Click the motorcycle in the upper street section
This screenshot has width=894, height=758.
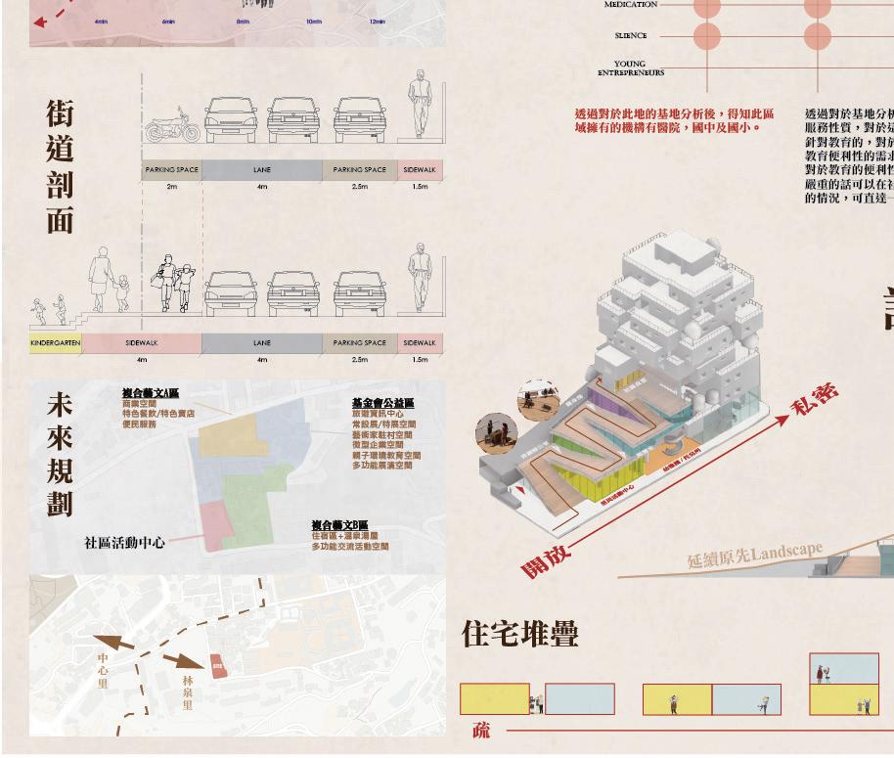[172, 126]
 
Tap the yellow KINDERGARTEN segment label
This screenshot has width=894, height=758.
[55, 343]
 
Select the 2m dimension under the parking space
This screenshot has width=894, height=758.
[172, 186]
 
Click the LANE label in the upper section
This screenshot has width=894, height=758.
[262, 170]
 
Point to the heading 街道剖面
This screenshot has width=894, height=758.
[60, 166]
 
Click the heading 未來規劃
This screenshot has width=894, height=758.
[60, 455]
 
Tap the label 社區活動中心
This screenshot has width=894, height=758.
[124, 543]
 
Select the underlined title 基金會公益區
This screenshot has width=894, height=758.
[382, 403]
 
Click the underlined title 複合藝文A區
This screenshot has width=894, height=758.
[151, 393]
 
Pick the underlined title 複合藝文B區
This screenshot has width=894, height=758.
[340, 525]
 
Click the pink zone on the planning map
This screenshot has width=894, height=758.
[216, 523]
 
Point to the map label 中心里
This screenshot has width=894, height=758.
[103, 671]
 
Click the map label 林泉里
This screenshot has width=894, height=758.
[187, 691]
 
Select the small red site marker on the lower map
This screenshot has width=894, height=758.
[217, 667]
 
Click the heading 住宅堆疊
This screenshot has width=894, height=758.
[520, 634]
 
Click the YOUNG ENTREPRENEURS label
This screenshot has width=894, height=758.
[631, 68]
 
